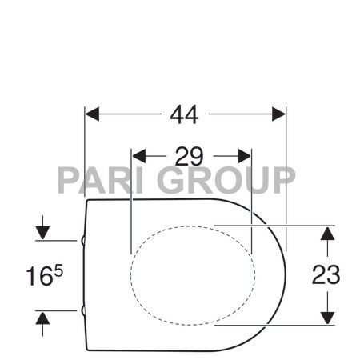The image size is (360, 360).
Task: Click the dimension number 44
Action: point(185,114)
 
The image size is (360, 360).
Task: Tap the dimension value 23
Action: point(326,274)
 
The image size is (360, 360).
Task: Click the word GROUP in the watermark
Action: point(226,180)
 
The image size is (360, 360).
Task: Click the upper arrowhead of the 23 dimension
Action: point(326,233)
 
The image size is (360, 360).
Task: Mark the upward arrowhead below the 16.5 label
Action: point(43,318)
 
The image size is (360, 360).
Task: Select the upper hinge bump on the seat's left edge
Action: point(83,239)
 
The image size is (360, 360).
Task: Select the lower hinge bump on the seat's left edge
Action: point(83,310)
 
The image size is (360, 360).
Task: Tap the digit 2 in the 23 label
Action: point(319,274)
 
